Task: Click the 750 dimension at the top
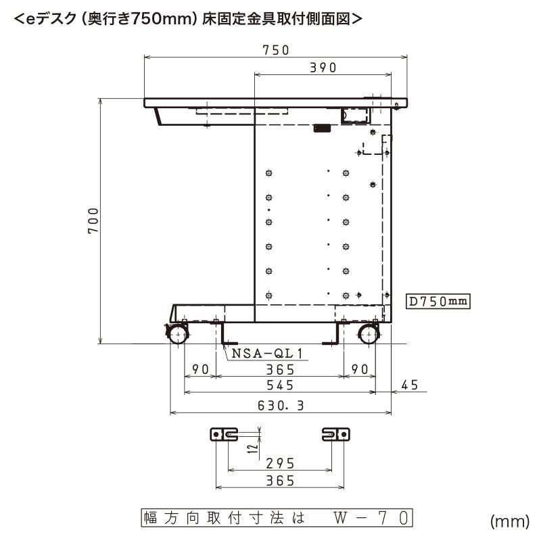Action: click(x=276, y=50)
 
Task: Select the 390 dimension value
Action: click(x=323, y=68)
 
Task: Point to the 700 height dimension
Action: click(x=94, y=220)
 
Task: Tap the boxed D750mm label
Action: click(x=438, y=302)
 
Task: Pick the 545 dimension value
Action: click(x=280, y=385)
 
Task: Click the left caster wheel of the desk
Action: click(x=179, y=335)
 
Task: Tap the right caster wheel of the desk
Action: click(x=368, y=335)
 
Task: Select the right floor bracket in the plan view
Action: click(x=336, y=433)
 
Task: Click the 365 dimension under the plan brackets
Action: click(x=280, y=481)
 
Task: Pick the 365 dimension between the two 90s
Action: click(x=280, y=369)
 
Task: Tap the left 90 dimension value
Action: click(x=199, y=369)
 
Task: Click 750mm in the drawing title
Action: click(x=160, y=20)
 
